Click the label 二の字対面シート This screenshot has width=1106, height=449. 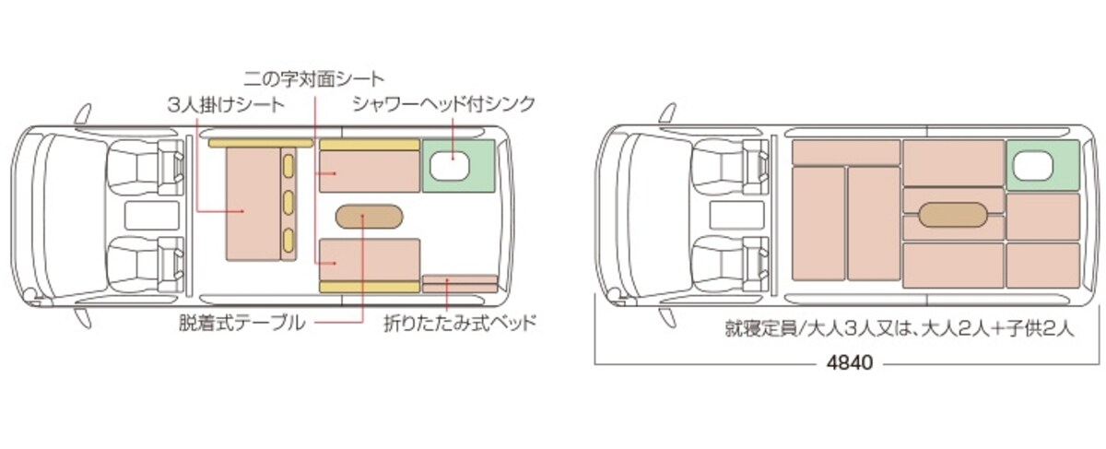click(x=313, y=79)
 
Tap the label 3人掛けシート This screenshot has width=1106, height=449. click(x=226, y=105)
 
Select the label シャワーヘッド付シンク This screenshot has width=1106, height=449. click(x=444, y=104)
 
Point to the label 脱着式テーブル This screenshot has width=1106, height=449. click(x=241, y=324)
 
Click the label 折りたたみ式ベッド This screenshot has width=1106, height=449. click(x=460, y=324)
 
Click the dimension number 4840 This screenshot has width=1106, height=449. click(x=849, y=363)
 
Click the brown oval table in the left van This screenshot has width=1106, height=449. click(x=370, y=217)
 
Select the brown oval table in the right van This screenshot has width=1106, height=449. click(x=953, y=216)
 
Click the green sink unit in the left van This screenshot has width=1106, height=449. click(x=458, y=166)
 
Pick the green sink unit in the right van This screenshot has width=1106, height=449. click(x=1042, y=165)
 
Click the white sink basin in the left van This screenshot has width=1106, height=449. click(x=450, y=165)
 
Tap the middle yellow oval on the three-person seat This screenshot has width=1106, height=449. click(x=288, y=203)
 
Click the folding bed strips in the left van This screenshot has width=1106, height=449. click(x=460, y=284)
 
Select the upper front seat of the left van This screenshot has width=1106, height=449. click(x=144, y=167)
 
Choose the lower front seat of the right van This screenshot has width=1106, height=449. click(x=729, y=264)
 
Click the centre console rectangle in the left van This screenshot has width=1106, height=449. click(x=151, y=216)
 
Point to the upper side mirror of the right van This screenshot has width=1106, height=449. click(x=668, y=114)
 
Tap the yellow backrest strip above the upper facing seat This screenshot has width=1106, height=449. click(x=370, y=145)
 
